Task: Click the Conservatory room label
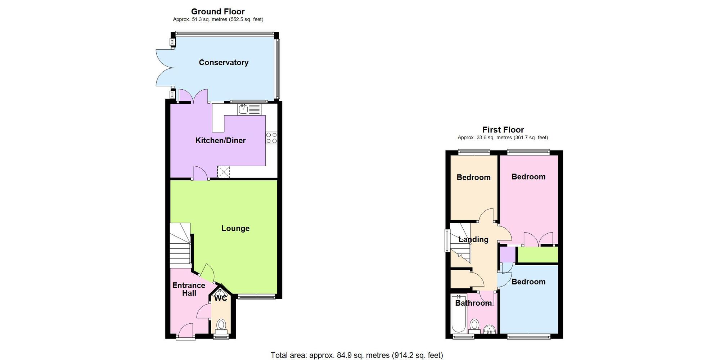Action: pyautogui.click(x=224, y=63)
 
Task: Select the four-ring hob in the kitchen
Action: pyautogui.click(x=271, y=138)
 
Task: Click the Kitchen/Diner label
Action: pyautogui.click(x=220, y=140)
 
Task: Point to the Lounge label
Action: pyautogui.click(x=235, y=228)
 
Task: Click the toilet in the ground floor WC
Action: pyautogui.click(x=221, y=325)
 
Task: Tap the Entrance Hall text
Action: pyautogui.click(x=189, y=289)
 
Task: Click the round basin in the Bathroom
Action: pyautogui.click(x=490, y=329)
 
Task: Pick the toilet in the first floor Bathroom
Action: pyautogui.click(x=474, y=325)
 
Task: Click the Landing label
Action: pyautogui.click(x=473, y=239)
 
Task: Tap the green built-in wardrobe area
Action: pyautogui.click(x=537, y=255)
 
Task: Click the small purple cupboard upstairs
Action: pyautogui.click(x=508, y=255)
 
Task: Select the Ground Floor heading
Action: pyautogui.click(x=218, y=12)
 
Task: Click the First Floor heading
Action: pyautogui.click(x=503, y=130)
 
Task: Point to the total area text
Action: pyautogui.click(x=356, y=355)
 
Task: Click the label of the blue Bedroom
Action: pyautogui.click(x=528, y=282)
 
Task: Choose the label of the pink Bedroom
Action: pyautogui.click(x=528, y=177)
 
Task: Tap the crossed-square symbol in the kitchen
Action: pyautogui.click(x=223, y=172)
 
